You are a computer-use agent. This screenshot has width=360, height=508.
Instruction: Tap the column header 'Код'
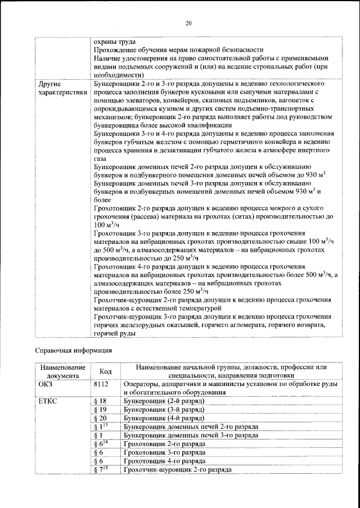click(105, 371)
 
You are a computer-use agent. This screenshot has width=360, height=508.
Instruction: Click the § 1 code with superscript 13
click(101, 427)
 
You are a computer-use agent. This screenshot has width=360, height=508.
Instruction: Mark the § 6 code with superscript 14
click(101, 443)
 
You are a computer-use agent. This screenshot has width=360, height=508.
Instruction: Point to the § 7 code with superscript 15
click(101, 469)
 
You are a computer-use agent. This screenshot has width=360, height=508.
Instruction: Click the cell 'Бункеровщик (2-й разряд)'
click(163, 401)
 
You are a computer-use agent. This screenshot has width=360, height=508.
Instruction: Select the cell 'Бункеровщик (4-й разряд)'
click(163, 418)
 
